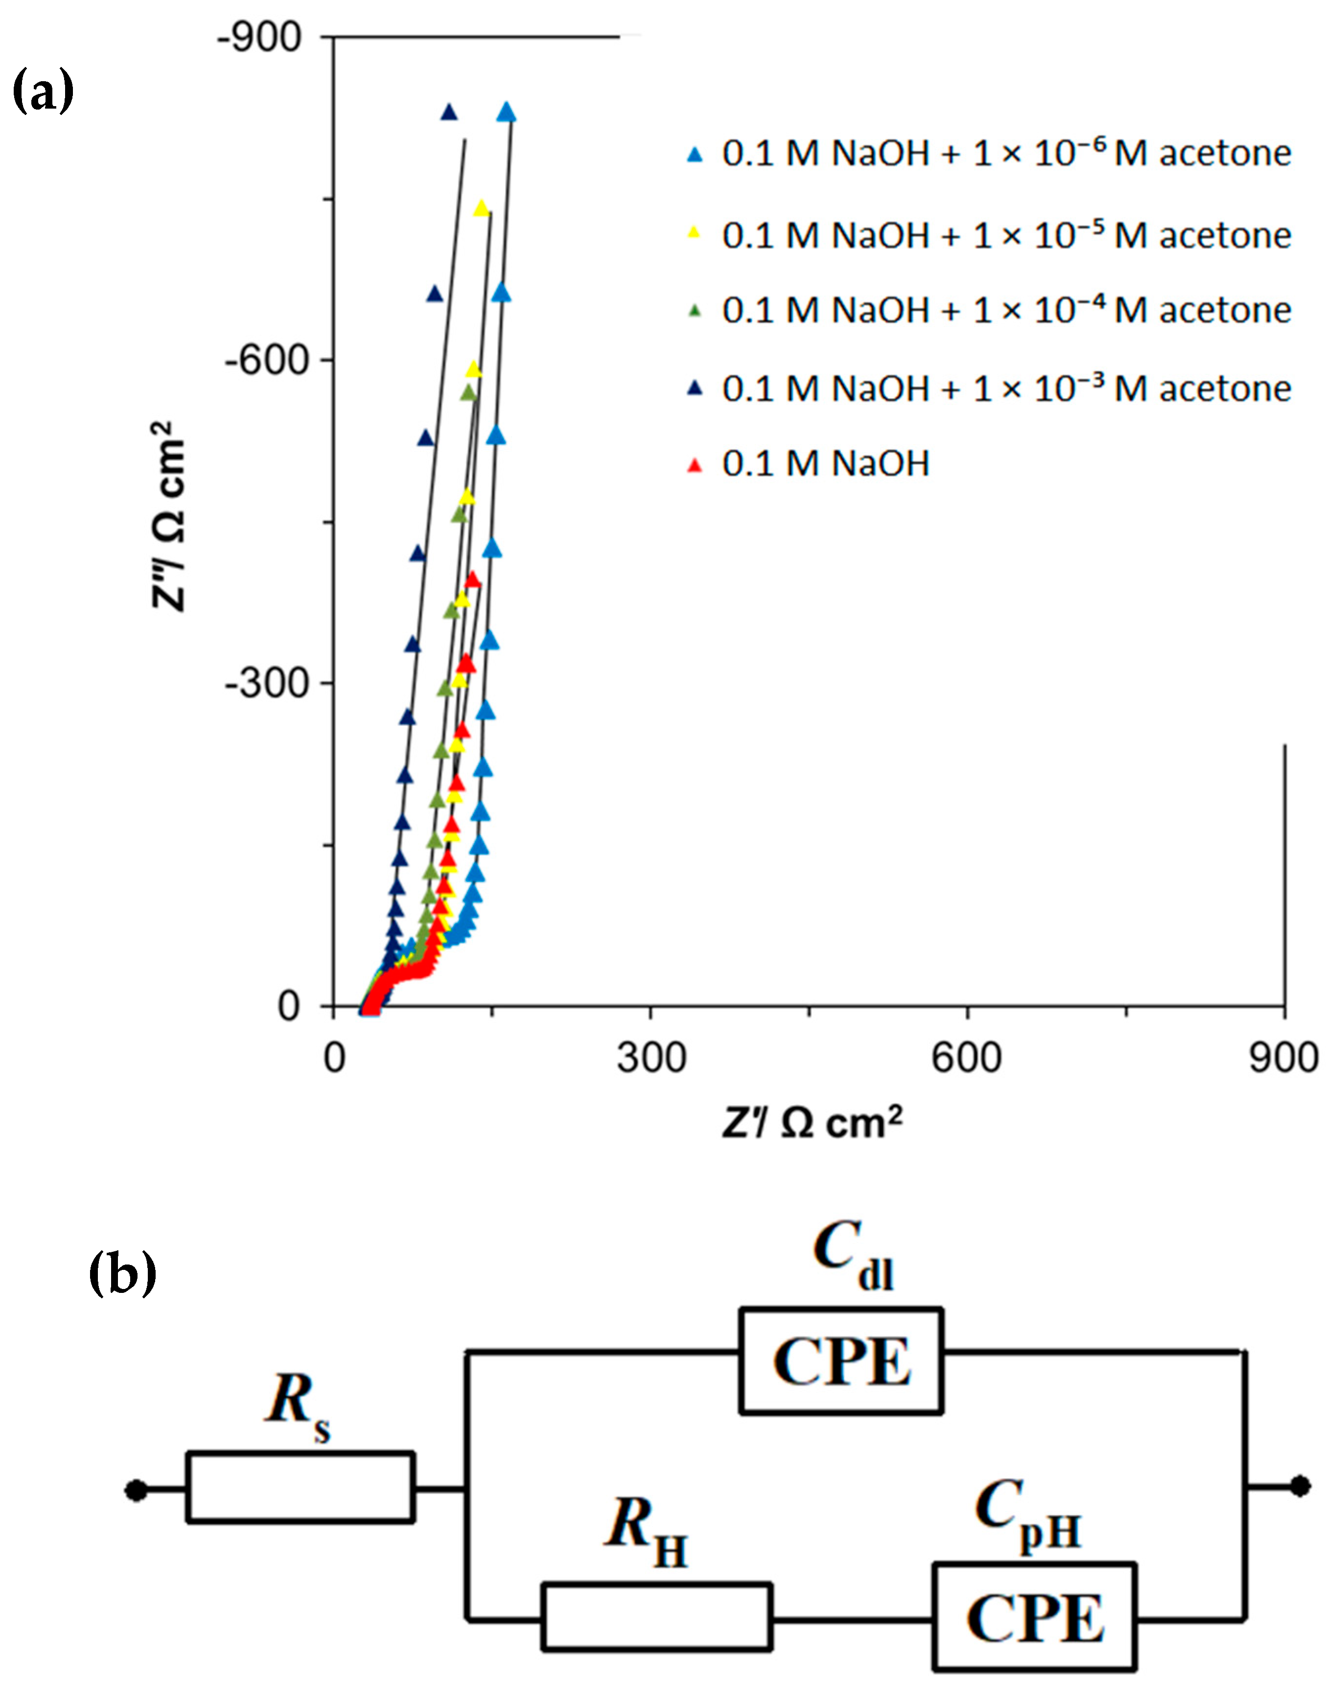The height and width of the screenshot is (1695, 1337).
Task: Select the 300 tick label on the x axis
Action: coord(650,1059)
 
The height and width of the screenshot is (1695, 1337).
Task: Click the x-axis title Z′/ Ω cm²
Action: coord(812,1124)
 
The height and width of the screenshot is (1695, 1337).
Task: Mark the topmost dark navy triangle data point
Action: coord(449,112)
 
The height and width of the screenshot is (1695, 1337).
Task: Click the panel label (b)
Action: coord(122,1273)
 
